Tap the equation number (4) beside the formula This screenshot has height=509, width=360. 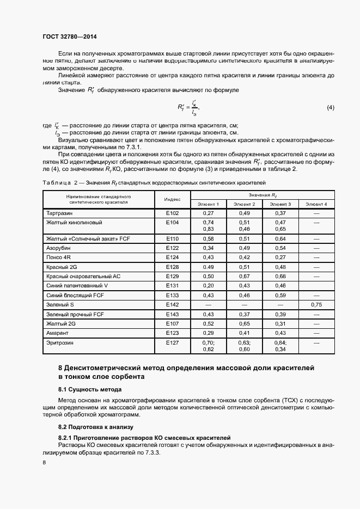coord(330,108)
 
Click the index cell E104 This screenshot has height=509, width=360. coord(172,223)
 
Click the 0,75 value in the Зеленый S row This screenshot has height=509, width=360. coord(316,305)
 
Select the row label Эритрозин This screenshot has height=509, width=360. coord(59,343)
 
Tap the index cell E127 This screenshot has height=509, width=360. coord(172,343)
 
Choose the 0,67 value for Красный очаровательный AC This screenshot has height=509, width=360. coord(244,276)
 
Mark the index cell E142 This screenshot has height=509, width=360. coord(172,305)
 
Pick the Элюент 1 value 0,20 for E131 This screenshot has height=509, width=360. coord(208,286)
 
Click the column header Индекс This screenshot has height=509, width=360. coord(172,199)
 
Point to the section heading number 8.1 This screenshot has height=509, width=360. coord(64,389)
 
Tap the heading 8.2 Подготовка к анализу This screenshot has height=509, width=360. coord(95,427)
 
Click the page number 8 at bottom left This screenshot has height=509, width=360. coord(44,462)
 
